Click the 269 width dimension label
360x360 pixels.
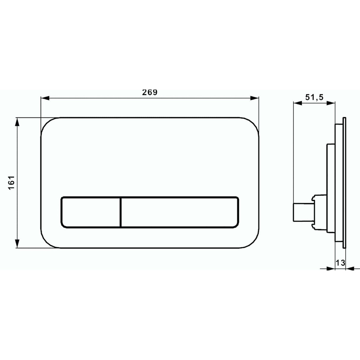point(149,92)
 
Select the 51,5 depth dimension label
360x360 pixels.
point(314,97)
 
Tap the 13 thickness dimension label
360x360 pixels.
point(340,262)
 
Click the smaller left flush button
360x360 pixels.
point(90,212)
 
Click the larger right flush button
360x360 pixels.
point(180,212)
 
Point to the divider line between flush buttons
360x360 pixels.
point(121,212)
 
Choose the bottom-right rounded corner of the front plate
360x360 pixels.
point(252,241)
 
